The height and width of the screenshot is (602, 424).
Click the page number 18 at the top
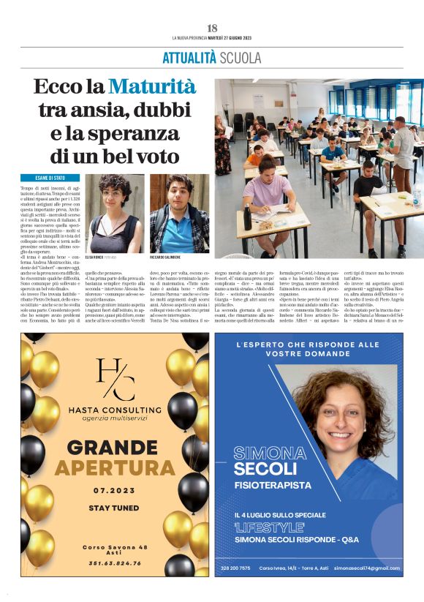212,28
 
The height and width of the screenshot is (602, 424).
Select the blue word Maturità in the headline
152,88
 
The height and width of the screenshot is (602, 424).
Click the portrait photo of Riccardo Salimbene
179,213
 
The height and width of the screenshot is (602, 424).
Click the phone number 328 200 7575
235,568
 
